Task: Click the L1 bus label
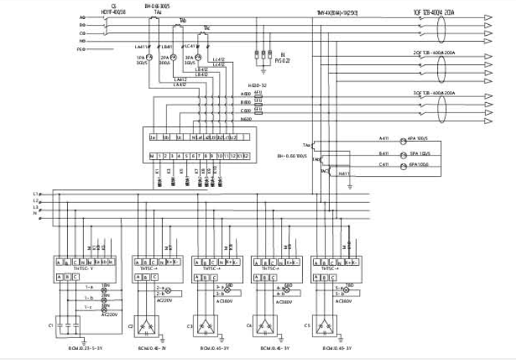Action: pyautogui.click(x=34, y=192)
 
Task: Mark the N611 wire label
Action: pyautogui.click(x=345, y=173)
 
